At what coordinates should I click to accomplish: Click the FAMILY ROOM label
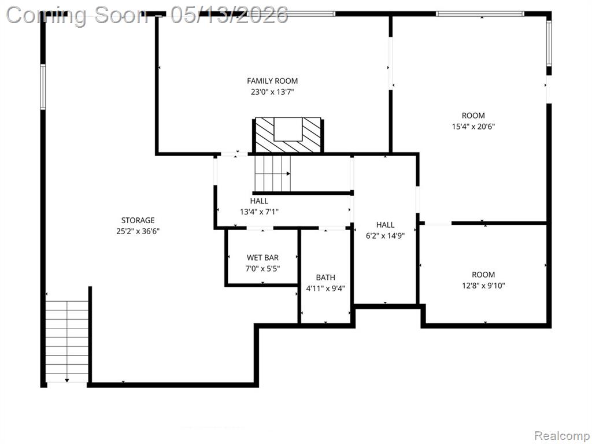click(272, 81)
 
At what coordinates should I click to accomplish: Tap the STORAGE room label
click(138, 220)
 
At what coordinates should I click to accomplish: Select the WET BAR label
click(263, 258)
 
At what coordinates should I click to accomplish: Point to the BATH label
click(325, 277)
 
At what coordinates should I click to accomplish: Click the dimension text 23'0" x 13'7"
click(272, 92)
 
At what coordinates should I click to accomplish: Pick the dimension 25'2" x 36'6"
click(138, 231)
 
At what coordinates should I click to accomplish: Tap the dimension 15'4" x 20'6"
click(473, 127)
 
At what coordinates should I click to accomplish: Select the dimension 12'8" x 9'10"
click(484, 286)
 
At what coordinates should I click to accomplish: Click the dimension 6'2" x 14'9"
click(386, 236)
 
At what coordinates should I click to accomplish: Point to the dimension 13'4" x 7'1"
click(260, 212)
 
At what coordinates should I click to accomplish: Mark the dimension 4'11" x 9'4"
click(325, 289)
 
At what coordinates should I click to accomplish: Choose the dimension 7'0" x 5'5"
click(263, 269)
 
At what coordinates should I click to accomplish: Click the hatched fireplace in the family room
click(288, 135)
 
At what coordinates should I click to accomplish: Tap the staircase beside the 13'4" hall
click(273, 173)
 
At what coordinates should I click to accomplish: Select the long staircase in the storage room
click(67, 342)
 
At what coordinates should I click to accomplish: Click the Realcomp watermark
click(562, 436)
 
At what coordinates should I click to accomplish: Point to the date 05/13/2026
click(229, 16)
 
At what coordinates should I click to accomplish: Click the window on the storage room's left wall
click(43, 87)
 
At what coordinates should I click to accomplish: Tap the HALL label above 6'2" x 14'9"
click(386, 225)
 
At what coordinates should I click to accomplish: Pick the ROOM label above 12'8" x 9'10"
click(484, 275)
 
